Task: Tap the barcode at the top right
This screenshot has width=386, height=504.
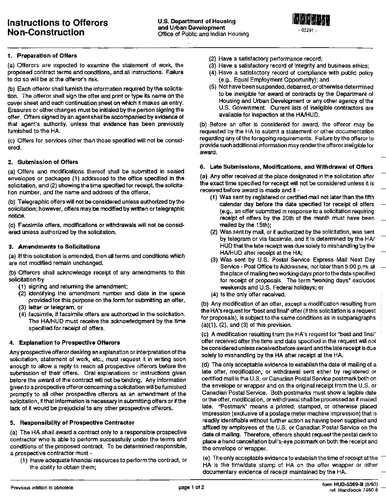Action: click(x=311, y=20)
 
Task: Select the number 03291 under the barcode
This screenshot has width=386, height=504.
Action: click(x=307, y=30)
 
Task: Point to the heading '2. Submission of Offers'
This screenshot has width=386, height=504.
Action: click(x=43, y=162)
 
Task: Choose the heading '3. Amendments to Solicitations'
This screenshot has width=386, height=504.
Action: click(x=54, y=247)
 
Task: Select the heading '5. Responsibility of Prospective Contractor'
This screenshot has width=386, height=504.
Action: click(x=72, y=422)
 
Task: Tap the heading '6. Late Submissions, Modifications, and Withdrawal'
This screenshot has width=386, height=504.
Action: click(x=287, y=167)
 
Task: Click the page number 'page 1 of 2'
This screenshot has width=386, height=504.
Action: click(x=191, y=487)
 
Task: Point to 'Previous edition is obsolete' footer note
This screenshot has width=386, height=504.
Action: click(x=42, y=487)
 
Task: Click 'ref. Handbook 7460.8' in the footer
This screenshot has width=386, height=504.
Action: click(x=353, y=490)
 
